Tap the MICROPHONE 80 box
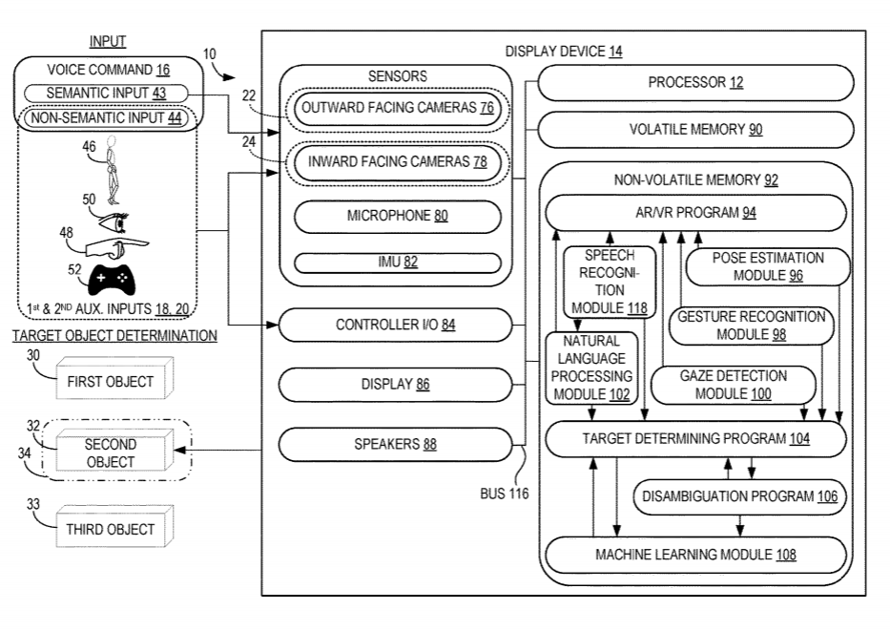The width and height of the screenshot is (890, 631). click(398, 216)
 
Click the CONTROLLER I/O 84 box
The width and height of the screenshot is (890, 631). click(398, 326)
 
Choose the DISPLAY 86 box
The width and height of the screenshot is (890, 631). click(398, 385)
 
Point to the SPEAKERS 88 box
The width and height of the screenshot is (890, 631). click(398, 444)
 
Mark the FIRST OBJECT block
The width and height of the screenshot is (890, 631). click(110, 381)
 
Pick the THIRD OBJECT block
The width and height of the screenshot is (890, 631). click(110, 528)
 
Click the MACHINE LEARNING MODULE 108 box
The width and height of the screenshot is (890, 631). click(695, 554)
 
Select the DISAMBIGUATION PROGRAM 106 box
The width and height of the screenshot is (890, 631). click(740, 495)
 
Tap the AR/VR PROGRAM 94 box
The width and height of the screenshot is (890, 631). click(695, 213)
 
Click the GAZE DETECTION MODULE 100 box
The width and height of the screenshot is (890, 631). click(733, 386)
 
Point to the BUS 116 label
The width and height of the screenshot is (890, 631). click(505, 494)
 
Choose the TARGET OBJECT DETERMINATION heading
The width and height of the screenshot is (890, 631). click(114, 337)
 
